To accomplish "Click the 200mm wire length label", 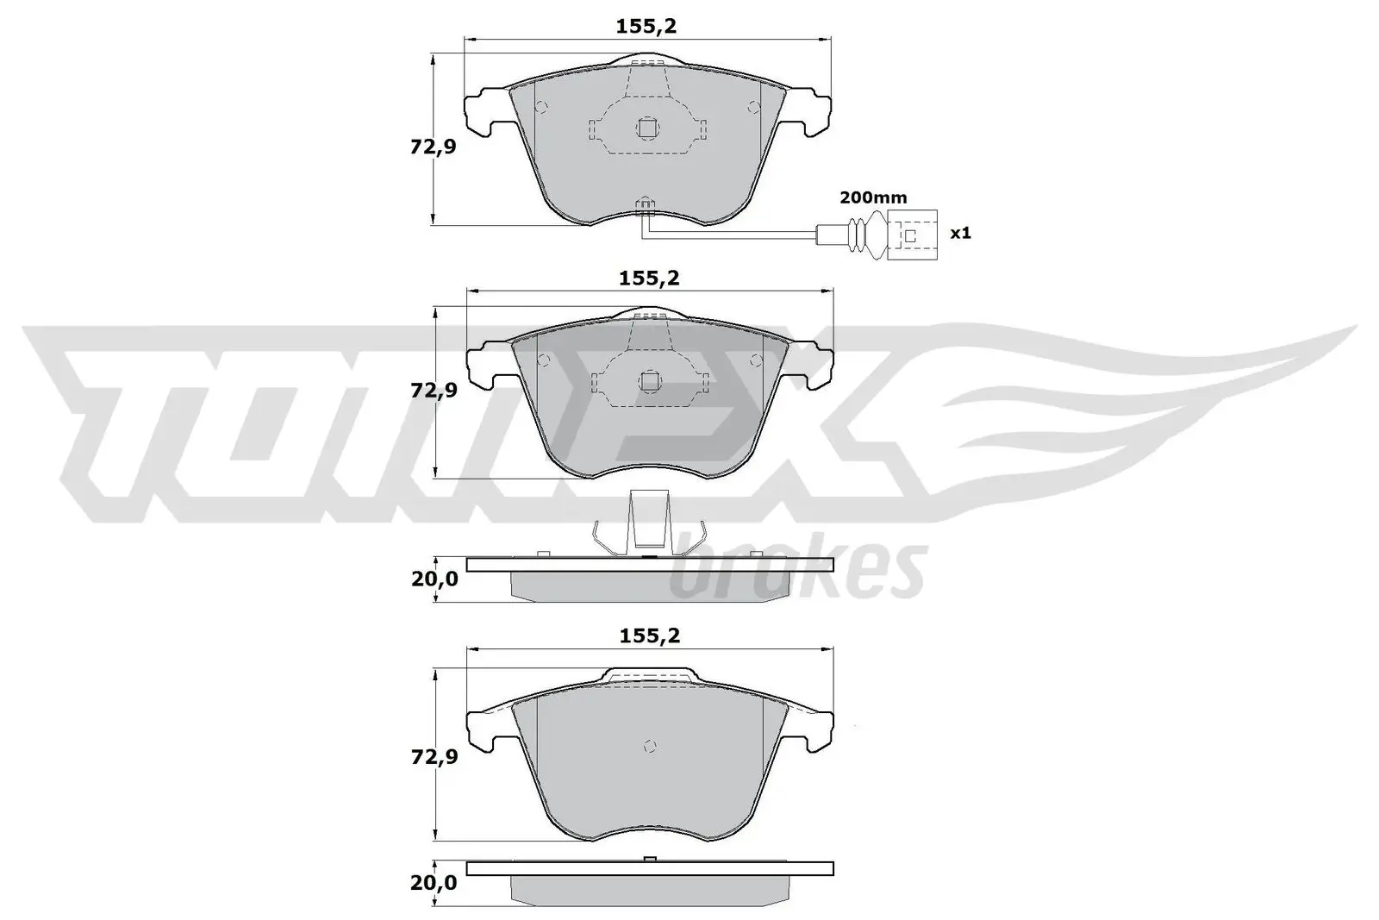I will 873,197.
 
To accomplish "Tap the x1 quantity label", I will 959,233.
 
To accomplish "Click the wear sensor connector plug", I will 913,234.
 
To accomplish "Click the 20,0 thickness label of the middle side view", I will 434,579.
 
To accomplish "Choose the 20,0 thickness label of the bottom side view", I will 434,883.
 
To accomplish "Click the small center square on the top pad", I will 647,128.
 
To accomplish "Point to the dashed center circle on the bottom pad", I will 651,746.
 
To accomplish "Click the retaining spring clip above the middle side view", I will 649,526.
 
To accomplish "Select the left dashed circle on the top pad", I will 541,108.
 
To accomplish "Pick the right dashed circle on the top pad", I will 754,108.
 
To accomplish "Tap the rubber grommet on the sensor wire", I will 859,234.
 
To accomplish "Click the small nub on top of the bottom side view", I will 651,858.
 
